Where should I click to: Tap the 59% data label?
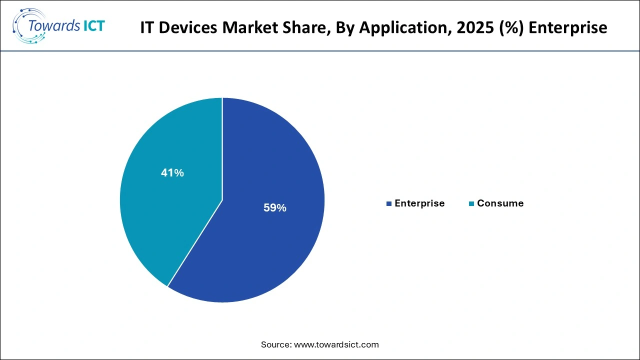tap(274, 208)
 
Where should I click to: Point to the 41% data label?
tap(172, 173)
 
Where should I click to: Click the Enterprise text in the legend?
tap(419, 203)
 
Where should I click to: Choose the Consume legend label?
tap(500, 203)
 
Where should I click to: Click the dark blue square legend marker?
tap(389, 204)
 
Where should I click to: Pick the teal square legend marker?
tap(471, 204)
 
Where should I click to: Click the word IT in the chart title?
tap(146, 27)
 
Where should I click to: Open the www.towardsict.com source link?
tap(336, 344)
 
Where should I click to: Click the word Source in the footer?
tap(275, 344)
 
